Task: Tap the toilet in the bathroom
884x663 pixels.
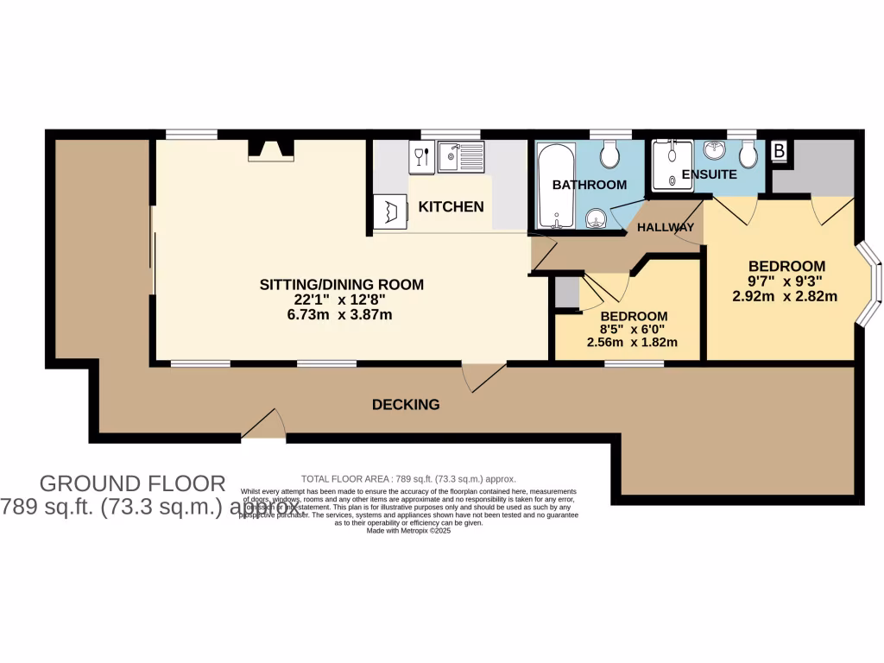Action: pyautogui.click(x=609, y=155)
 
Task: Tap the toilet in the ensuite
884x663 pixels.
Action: pyautogui.click(x=748, y=155)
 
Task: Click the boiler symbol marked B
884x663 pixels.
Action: pyautogui.click(x=779, y=151)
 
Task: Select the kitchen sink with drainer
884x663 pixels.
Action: pyautogui.click(x=462, y=157)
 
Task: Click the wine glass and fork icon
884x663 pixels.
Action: pyautogui.click(x=420, y=156)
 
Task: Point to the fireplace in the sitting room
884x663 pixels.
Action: pyautogui.click(x=270, y=150)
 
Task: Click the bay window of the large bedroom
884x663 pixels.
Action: pyautogui.click(x=870, y=286)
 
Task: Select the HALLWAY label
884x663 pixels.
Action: pyautogui.click(x=666, y=228)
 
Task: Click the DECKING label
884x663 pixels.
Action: pyautogui.click(x=406, y=404)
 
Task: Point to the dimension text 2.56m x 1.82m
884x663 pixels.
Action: pyautogui.click(x=632, y=343)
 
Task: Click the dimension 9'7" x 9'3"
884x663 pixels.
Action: pyautogui.click(x=786, y=281)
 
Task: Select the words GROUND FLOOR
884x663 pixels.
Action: pyautogui.click(x=133, y=483)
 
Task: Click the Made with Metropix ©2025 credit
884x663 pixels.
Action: pyautogui.click(x=408, y=531)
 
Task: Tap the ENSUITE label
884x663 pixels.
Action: pyautogui.click(x=709, y=174)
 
